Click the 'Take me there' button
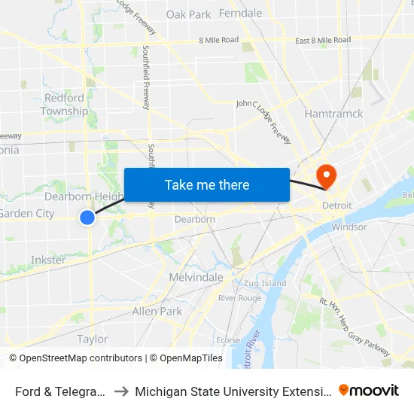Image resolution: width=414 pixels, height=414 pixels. click(x=206, y=184)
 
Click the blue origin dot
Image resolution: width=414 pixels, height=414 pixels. click(x=87, y=218)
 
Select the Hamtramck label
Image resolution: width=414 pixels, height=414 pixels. click(x=333, y=114)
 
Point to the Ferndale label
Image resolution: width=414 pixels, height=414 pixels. click(x=240, y=14)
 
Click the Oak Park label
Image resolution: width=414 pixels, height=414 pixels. click(x=188, y=14)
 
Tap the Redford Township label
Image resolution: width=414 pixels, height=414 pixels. click(x=65, y=105)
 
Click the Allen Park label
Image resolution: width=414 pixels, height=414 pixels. click(x=157, y=311)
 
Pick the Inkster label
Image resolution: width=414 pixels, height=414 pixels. click(x=48, y=260)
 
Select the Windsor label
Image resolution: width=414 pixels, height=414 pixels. click(x=349, y=227)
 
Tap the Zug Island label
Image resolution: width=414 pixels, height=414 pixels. click(x=263, y=283)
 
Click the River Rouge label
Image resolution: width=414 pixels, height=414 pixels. click(x=239, y=298)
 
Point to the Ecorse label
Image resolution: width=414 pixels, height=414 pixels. click(x=229, y=340)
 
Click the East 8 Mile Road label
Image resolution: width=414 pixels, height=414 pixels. click(x=322, y=40)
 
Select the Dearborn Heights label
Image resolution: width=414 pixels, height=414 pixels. click(x=83, y=197)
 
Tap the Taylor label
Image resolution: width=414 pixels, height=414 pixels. click(x=93, y=339)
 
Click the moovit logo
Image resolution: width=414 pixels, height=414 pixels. click(x=369, y=390)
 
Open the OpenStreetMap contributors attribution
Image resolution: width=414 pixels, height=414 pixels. click(x=80, y=358)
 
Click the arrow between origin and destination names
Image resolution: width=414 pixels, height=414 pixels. click(x=120, y=391)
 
